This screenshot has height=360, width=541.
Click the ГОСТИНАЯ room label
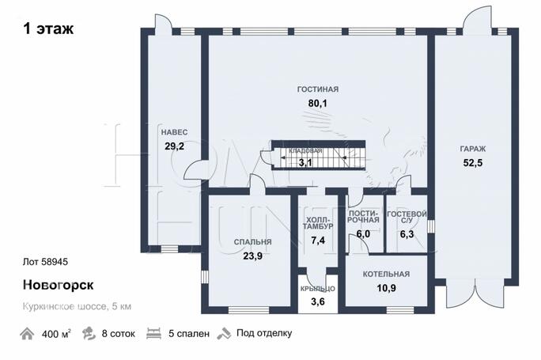pyautogui.click(x=318, y=89)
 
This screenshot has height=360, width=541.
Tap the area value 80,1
pyautogui.click(x=317, y=103)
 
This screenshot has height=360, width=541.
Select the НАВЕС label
pyautogui.click(x=175, y=132)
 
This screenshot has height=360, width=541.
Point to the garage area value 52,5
pyautogui.click(x=473, y=163)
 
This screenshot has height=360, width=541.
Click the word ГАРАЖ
pyautogui.click(x=473, y=149)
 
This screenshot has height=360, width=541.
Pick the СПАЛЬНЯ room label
pyautogui.click(x=252, y=242)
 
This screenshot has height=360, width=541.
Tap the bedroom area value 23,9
pyautogui.click(x=252, y=256)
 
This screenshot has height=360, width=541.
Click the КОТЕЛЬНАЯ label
pyautogui.click(x=386, y=274)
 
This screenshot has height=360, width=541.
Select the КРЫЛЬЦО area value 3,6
pyautogui.click(x=317, y=301)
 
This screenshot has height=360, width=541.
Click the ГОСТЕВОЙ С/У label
pyautogui.click(x=407, y=217)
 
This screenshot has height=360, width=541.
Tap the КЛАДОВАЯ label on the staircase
pyautogui.click(x=305, y=151)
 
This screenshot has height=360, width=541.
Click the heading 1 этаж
pyautogui.click(x=48, y=28)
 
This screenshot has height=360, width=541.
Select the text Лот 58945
pyautogui.click(x=45, y=262)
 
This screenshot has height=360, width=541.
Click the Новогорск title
pyautogui.click(x=58, y=285)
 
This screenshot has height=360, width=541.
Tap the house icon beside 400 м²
pyautogui.click(x=27, y=334)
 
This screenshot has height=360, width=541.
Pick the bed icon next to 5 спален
pyautogui.click(x=154, y=334)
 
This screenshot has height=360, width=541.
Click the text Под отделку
pyautogui.click(x=264, y=333)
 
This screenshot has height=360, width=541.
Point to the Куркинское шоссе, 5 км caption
pyautogui.click(x=77, y=306)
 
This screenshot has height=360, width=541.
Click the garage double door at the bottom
pyautogui.click(x=476, y=293)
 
